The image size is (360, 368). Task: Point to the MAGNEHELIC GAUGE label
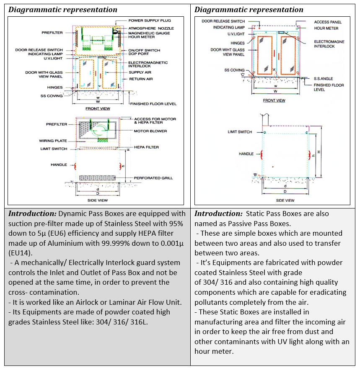click(x=149, y=32)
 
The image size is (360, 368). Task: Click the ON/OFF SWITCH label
click(x=144, y=50)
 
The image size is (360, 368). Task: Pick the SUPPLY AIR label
click(x=140, y=73)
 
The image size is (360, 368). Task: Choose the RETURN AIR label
click(x=140, y=79)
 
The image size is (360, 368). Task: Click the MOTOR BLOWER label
click(x=150, y=131)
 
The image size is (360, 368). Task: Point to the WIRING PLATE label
click(x=53, y=141)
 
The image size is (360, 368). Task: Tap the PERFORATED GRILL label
click(x=153, y=178)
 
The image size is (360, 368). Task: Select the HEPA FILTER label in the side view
click(x=146, y=147)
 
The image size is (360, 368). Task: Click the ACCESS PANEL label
click(x=328, y=22)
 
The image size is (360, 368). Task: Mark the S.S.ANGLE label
click(x=324, y=78)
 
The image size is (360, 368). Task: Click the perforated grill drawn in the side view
click(x=97, y=178)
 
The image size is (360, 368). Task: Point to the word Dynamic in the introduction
click(x=73, y=214)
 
